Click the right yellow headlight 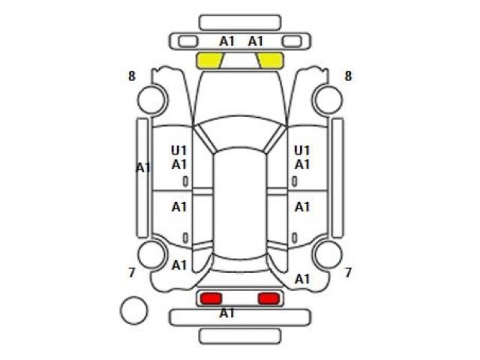[271, 60]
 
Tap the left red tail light [211, 298]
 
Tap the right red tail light [269, 298]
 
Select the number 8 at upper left [132, 76]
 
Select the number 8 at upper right [348, 76]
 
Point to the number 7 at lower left [132, 272]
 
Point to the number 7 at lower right [348, 272]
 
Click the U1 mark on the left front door [178, 151]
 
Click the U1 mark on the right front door [302, 151]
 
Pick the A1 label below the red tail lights [226, 313]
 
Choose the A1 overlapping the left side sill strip [143, 168]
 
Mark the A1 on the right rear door [302, 207]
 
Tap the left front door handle [185, 181]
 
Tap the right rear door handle [295, 238]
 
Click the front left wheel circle [152, 100]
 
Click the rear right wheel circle [328, 255]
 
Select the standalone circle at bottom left [133, 310]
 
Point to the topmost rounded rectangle [240, 22]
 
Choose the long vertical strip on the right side [337, 178]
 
